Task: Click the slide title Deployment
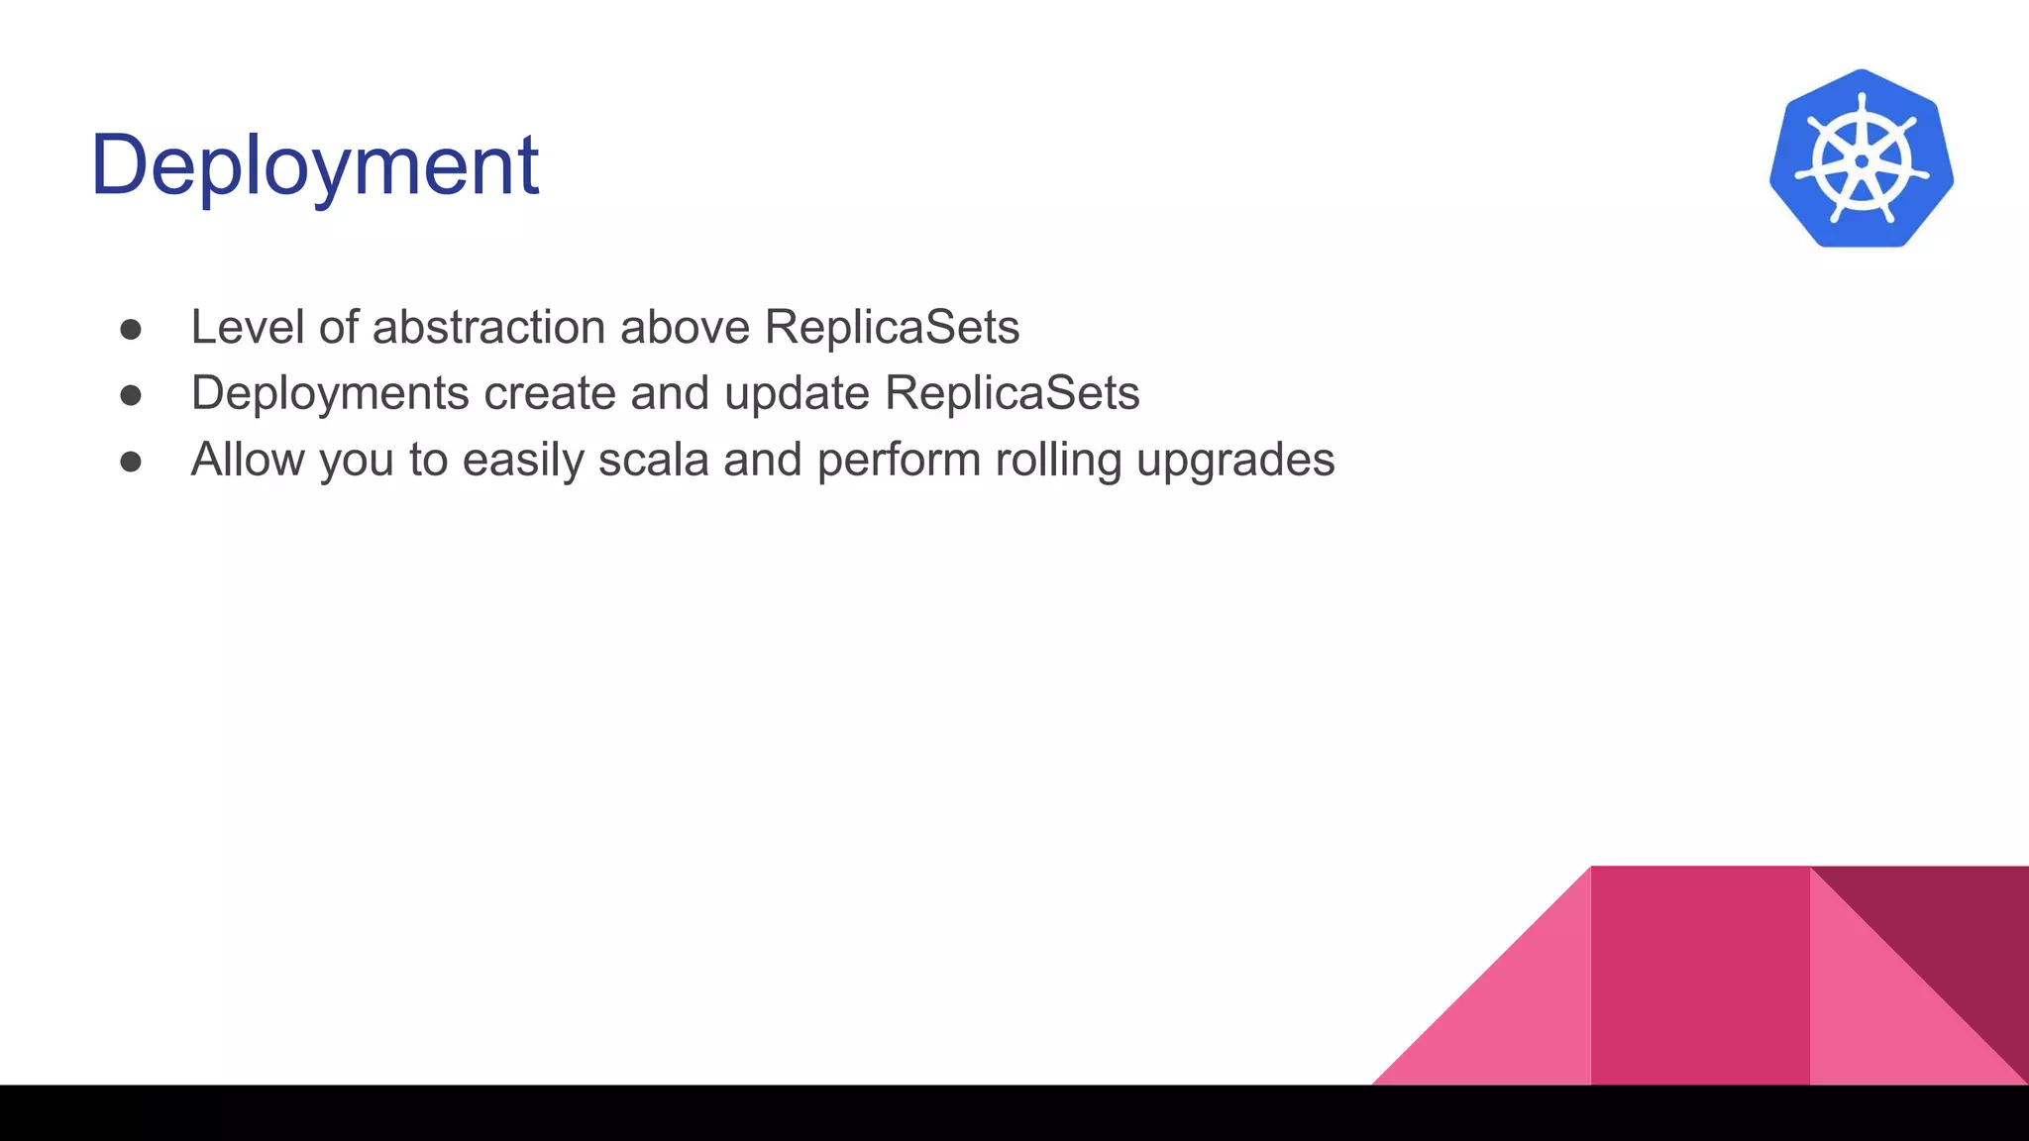(x=314, y=165)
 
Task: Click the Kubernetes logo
(x=1861, y=159)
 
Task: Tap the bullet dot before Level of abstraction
(x=131, y=329)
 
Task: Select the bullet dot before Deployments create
(x=131, y=395)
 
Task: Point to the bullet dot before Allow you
(x=131, y=462)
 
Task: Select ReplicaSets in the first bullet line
(x=892, y=327)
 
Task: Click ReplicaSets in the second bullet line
(x=1012, y=393)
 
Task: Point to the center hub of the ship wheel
(x=1861, y=161)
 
